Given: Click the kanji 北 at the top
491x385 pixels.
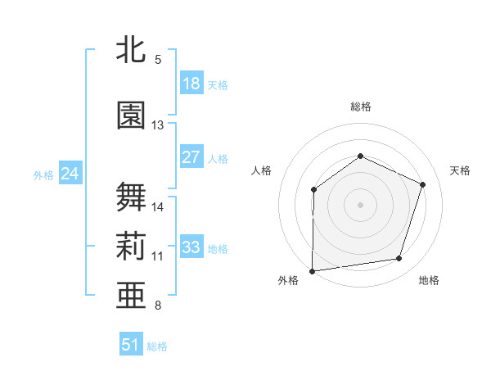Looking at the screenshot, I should point(132,50).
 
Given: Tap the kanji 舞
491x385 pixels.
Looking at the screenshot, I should point(132,197).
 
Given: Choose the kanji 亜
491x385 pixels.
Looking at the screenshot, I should point(132,295).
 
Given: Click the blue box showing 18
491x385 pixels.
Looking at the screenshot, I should point(191,84).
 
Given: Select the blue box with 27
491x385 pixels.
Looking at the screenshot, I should point(191,157).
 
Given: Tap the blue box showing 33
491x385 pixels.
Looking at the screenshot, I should point(191,247).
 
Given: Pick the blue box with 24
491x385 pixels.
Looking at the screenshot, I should point(70,173).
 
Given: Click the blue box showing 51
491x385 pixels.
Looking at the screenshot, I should point(131,345).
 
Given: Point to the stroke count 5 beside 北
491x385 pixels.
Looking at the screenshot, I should point(158,60).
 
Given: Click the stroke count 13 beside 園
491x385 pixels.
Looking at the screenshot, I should point(158,125).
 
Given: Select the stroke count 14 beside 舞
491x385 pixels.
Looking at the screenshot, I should point(158,207).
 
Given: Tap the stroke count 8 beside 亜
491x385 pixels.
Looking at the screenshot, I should point(158,306).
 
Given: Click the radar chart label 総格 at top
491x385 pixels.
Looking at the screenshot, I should point(360,106).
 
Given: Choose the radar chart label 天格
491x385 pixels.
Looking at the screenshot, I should point(461,170).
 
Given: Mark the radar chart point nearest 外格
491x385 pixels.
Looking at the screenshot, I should point(313,270).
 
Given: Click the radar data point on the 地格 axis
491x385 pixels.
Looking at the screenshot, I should point(399,259).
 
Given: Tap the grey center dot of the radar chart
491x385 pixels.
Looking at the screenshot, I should point(360,205).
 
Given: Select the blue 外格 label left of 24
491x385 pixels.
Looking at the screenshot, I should point(43,174).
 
